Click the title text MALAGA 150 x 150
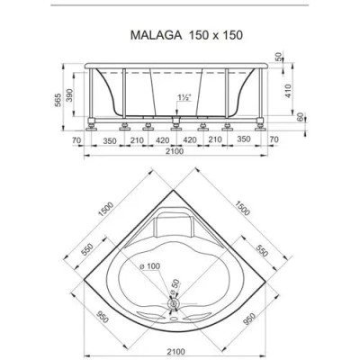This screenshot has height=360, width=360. (179, 39)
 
